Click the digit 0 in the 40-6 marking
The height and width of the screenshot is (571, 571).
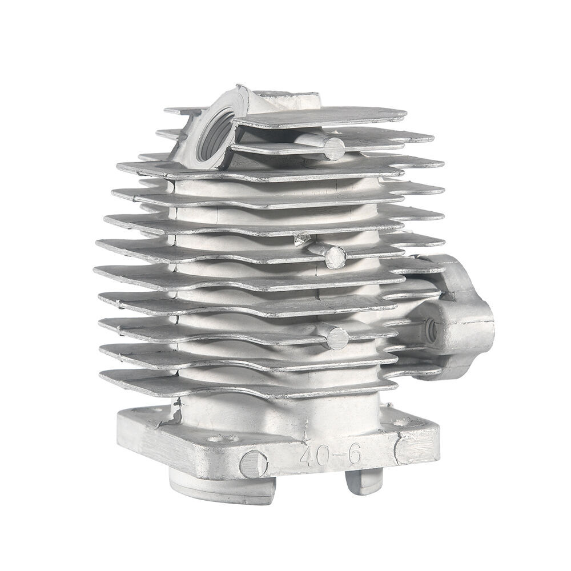pyautogui.click(x=325, y=454)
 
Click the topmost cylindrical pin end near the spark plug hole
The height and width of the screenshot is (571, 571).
pyautogui.click(x=334, y=148)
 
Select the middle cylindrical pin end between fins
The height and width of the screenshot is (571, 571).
pyautogui.click(x=335, y=257)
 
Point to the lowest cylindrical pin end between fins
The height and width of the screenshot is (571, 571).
pyautogui.click(x=337, y=339)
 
